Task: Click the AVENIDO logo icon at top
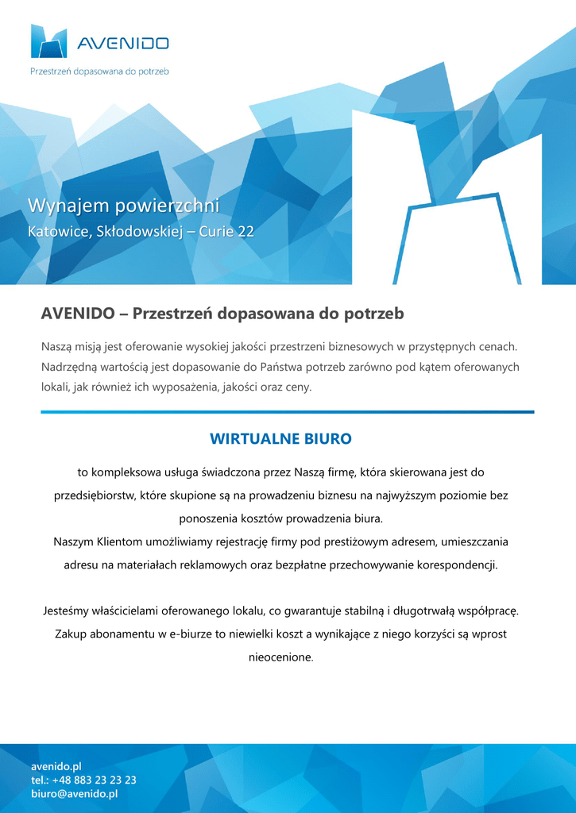point(48,41)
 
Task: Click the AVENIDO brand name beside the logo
point(122,44)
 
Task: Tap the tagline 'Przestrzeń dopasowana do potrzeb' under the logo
point(99,71)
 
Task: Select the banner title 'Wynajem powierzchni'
point(123,206)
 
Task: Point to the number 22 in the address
point(246,232)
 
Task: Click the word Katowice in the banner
point(56,232)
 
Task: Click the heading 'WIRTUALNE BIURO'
point(280,438)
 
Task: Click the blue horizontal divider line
point(288,412)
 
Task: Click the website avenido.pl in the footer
point(56,766)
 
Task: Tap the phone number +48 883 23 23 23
point(96,780)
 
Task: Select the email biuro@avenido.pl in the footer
point(74,793)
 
